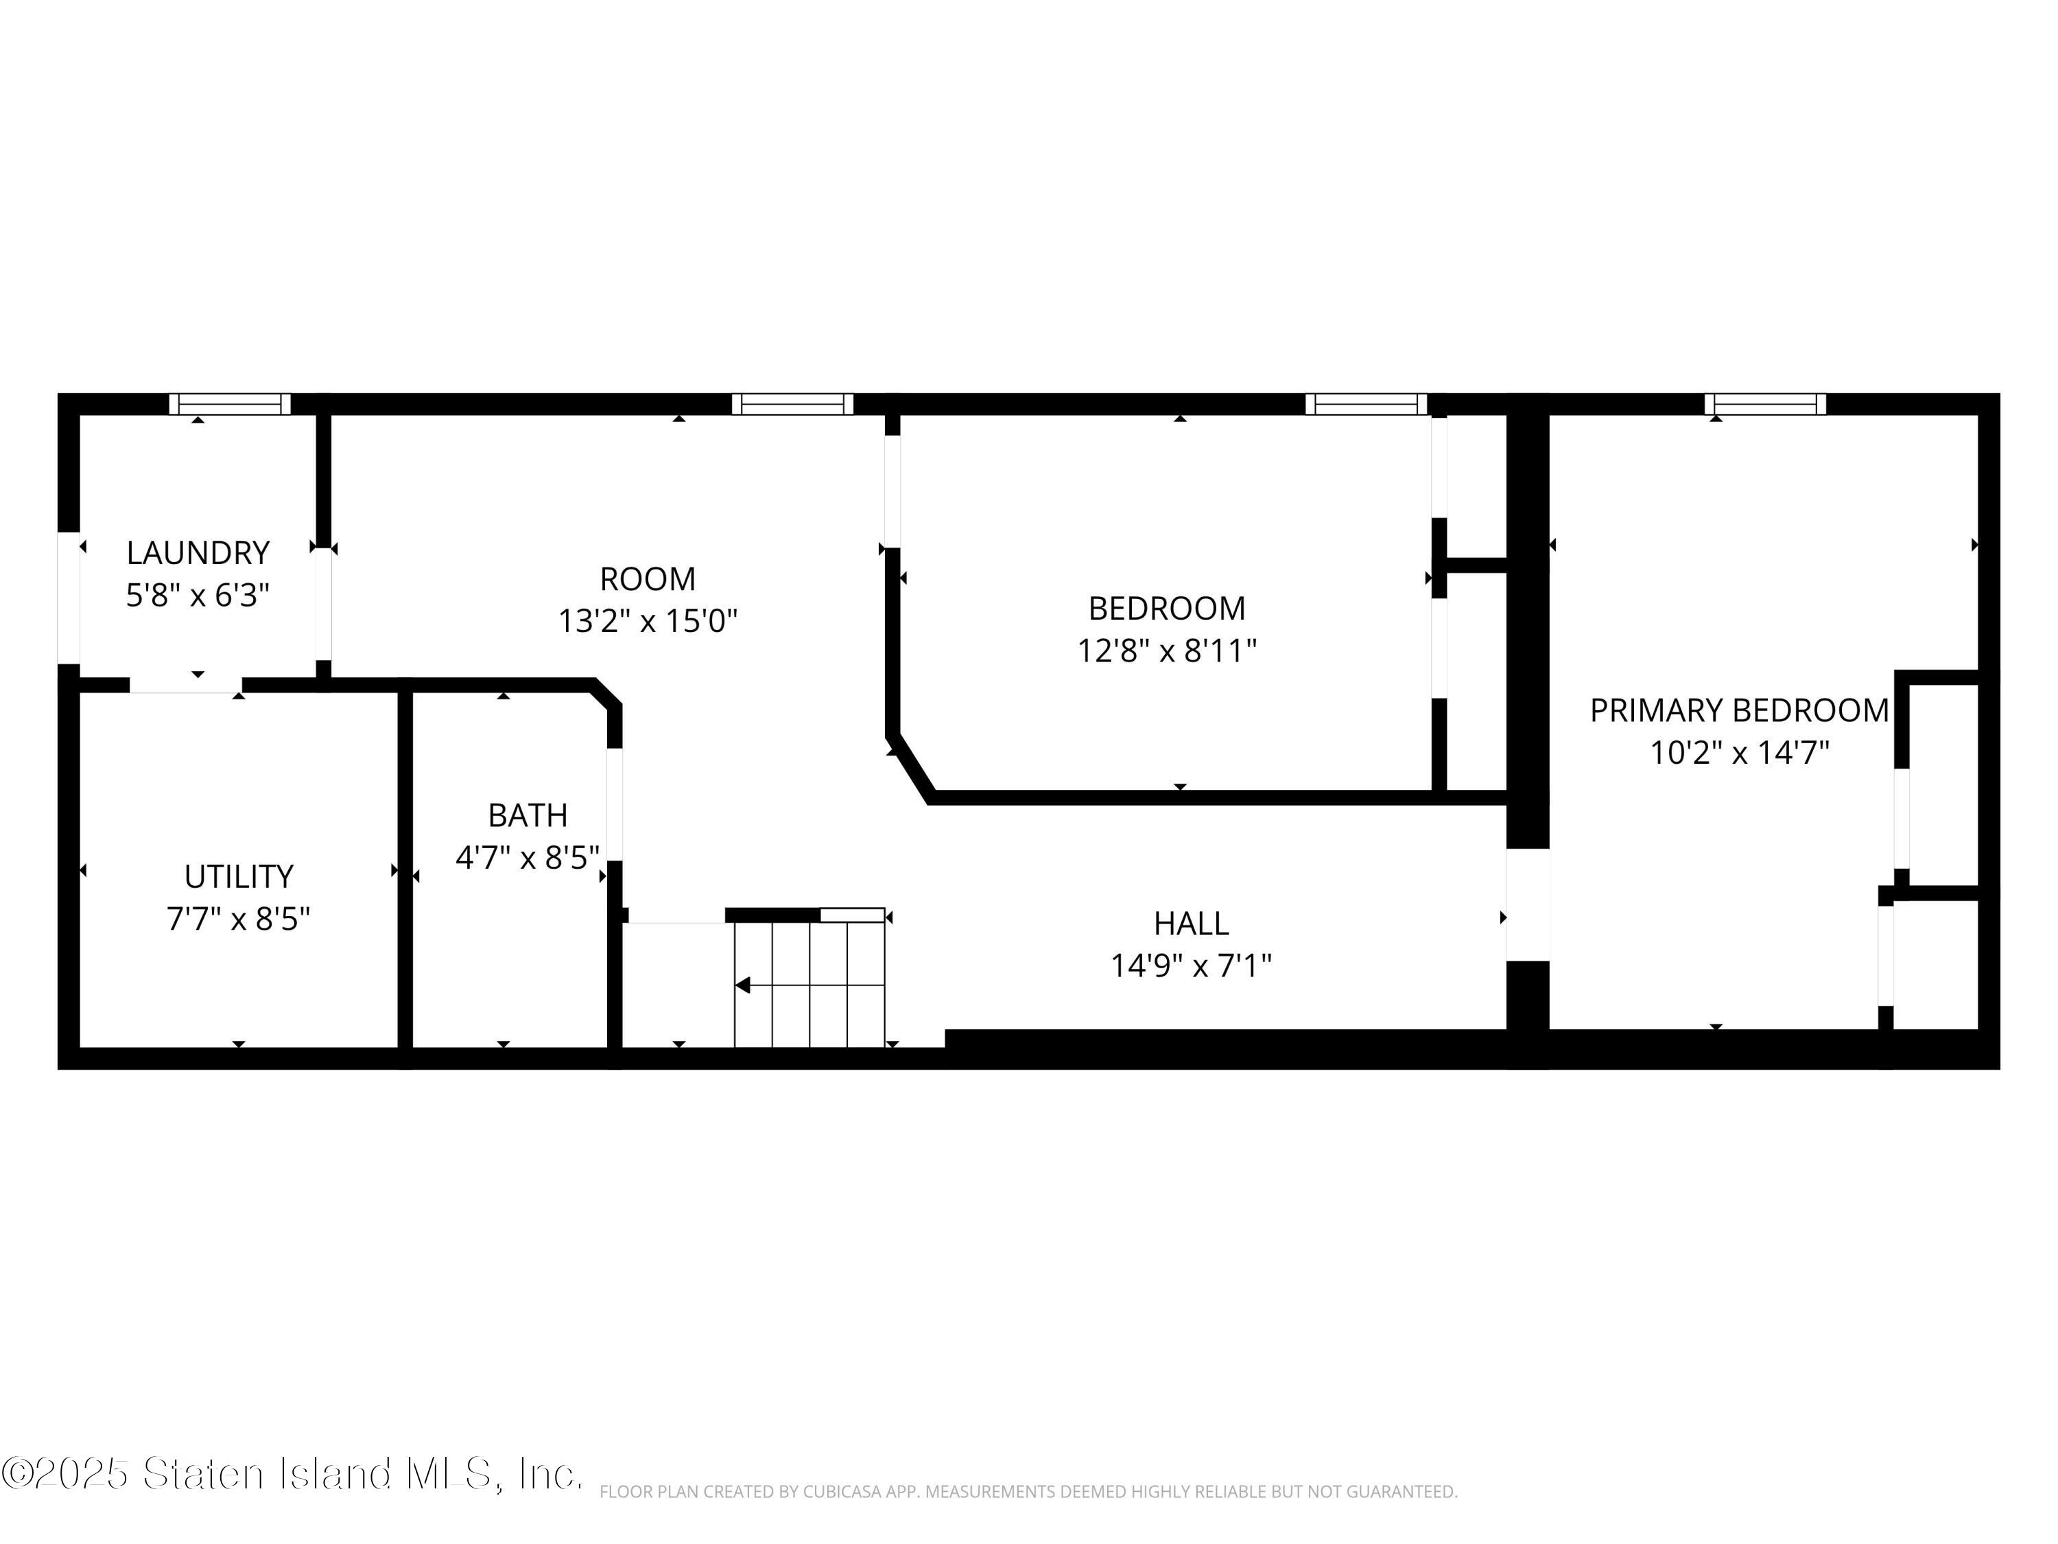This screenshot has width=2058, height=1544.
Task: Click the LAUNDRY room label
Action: [198, 553]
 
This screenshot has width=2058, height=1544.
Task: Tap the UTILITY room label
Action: [239, 877]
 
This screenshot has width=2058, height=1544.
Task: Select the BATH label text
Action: [528, 815]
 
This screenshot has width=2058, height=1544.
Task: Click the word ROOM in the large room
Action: [648, 579]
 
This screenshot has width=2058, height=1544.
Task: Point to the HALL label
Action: [1192, 923]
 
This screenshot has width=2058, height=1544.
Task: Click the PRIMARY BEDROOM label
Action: [1739, 710]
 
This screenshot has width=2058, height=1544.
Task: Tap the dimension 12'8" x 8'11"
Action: [1168, 651]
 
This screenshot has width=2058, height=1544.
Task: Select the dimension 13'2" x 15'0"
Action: [648, 621]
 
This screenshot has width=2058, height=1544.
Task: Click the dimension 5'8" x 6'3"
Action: [198, 595]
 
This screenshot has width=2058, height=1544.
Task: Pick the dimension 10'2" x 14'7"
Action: [1740, 752]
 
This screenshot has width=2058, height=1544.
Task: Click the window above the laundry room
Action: [230, 404]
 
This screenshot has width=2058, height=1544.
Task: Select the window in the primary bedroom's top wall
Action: [1766, 404]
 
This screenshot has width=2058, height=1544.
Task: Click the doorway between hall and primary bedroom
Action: [1528, 904]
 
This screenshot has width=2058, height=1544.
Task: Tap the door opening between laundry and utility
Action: [185, 685]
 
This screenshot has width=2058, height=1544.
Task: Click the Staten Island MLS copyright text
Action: [292, 1473]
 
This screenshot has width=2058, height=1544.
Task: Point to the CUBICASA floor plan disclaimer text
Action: [1028, 1492]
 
